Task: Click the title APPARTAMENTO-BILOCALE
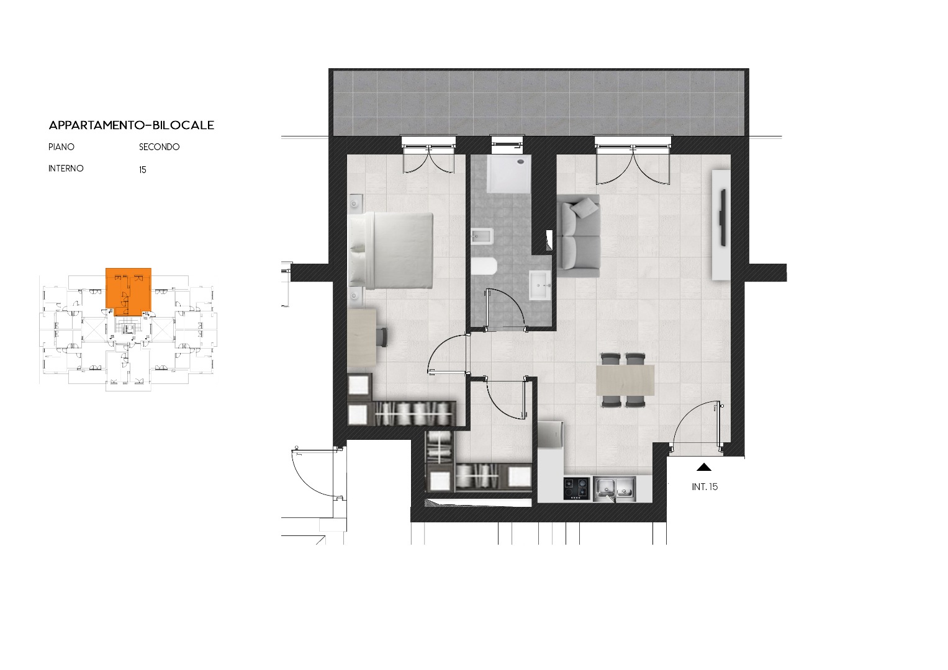pos(132,125)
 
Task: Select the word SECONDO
pos(159,147)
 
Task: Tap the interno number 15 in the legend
pos(143,169)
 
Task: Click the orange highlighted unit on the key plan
pos(129,292)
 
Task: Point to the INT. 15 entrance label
pos(705,487)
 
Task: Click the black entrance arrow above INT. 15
pos(704,467)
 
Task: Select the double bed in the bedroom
pos(390,251)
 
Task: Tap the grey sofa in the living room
pos(578,236)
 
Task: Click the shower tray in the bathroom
pos(508,174)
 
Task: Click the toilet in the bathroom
pos(484,266)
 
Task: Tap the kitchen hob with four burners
pos(576,489)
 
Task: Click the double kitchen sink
pos(614,489)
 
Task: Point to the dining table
pos(625,380)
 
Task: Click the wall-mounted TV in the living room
pos(723,218)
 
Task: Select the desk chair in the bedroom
pos(382,337)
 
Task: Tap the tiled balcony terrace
pos(539,103)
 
